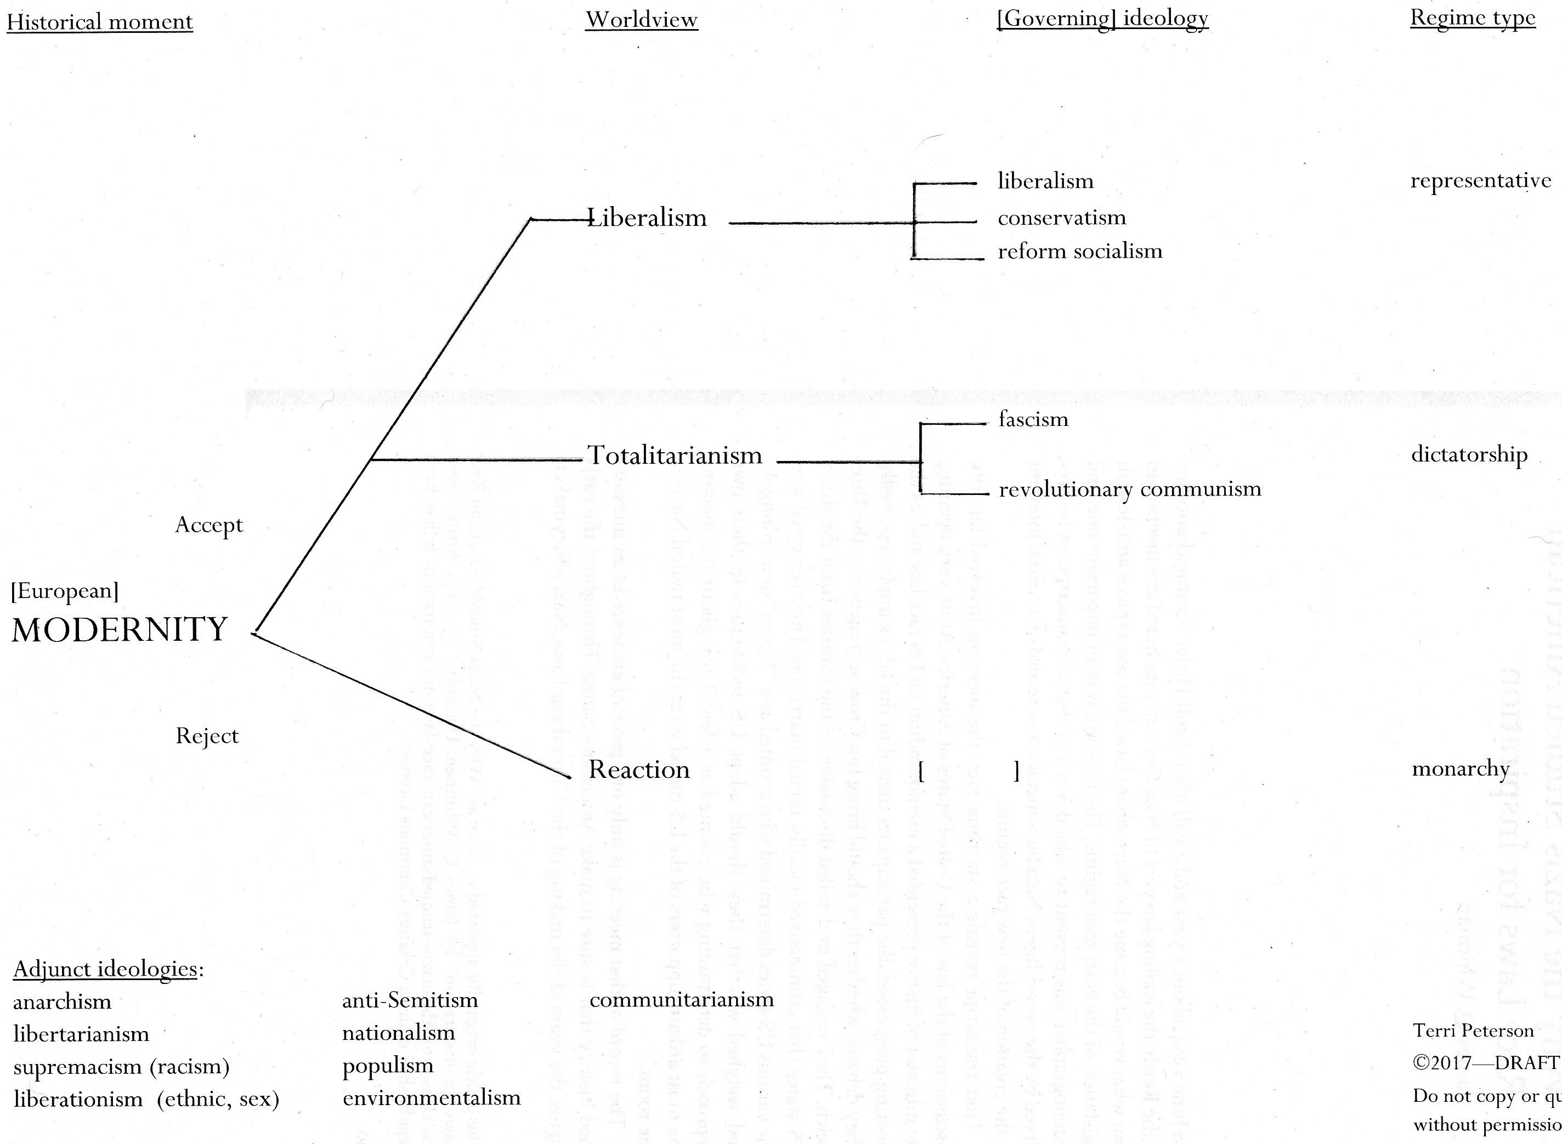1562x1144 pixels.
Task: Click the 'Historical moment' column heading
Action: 100,21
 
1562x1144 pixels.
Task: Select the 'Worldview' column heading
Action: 642,19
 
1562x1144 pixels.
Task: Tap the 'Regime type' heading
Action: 1473,18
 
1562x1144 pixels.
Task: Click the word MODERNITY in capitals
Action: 120,629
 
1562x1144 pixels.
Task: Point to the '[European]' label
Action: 64,591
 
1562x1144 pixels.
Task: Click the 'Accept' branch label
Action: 208,525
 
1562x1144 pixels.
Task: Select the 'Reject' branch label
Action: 207,736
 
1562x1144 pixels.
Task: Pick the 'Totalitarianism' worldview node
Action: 675,455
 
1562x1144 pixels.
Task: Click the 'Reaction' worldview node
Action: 638,770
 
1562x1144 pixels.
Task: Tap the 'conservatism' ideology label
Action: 1062,218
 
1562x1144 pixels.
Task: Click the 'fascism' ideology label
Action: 1033,419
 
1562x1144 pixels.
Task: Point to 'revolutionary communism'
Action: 1130,489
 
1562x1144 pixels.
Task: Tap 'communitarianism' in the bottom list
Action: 682,999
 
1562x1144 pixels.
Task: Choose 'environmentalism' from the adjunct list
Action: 432,1097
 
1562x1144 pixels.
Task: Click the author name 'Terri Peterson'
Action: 1473,1031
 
